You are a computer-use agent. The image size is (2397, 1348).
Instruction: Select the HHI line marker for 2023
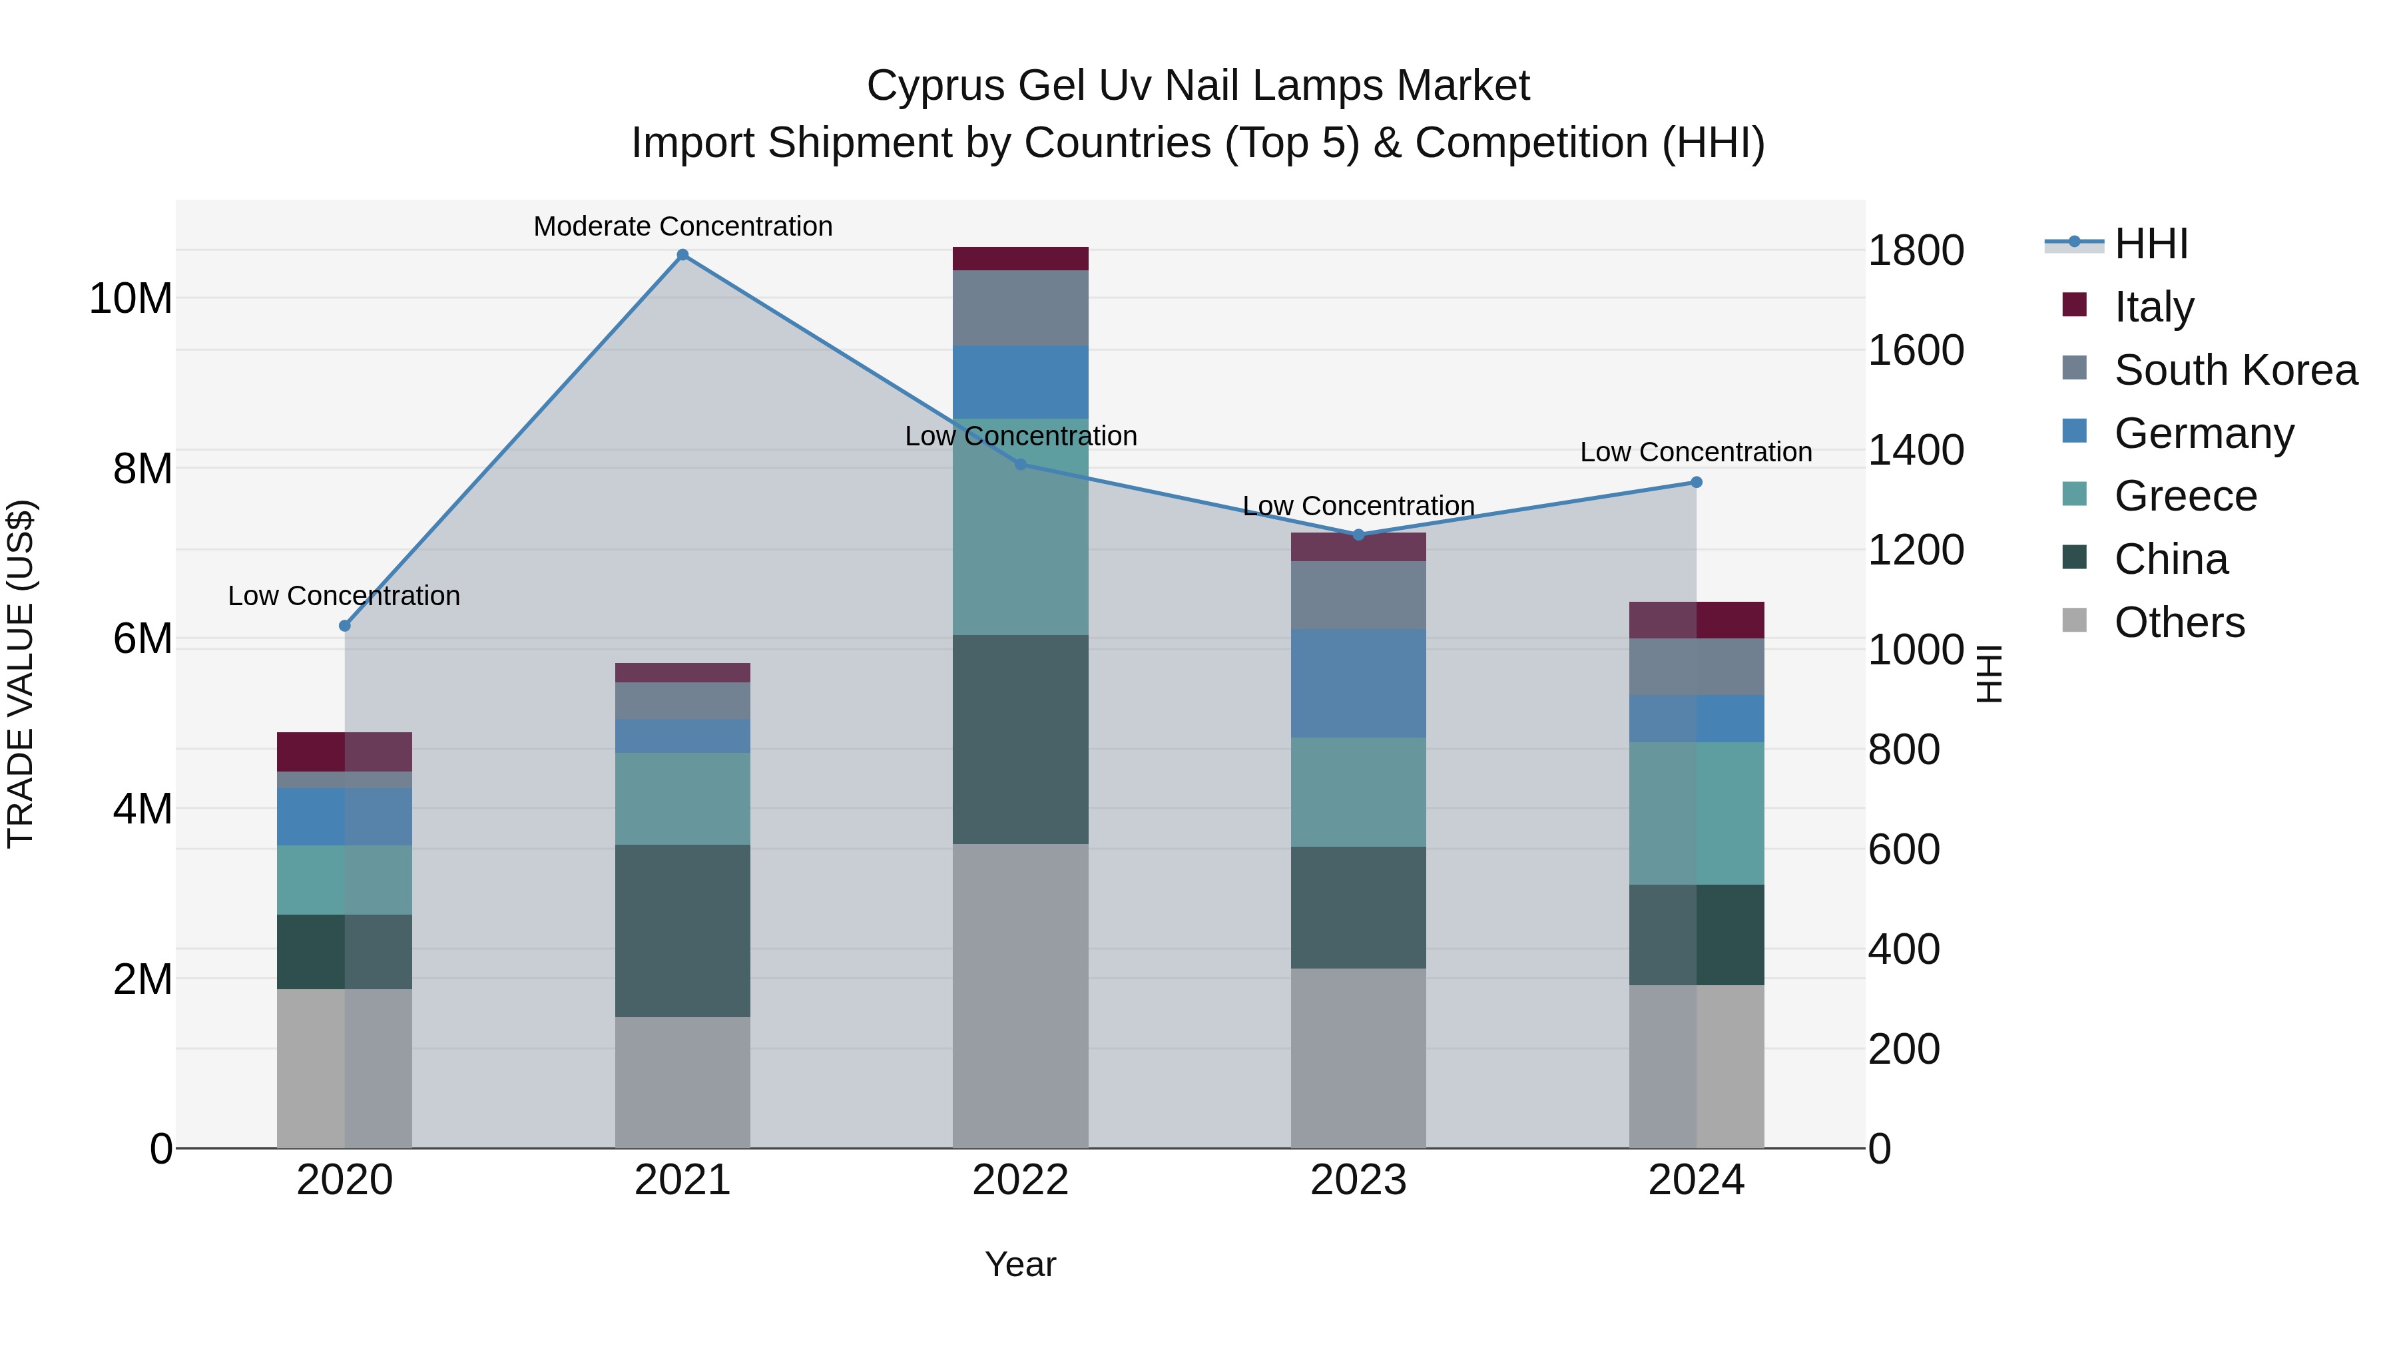[1358, 535]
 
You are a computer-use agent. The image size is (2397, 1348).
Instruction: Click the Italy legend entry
[2153, 307]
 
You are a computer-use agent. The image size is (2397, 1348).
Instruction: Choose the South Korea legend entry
[2235, 370]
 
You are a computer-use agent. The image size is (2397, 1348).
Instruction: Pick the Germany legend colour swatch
[2074, 431]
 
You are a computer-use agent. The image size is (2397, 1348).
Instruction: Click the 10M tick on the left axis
[131, 299]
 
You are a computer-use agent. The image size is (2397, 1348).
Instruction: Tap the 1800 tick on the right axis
[1915, 250]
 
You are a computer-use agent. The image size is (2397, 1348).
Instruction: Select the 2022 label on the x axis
[1020, 1180]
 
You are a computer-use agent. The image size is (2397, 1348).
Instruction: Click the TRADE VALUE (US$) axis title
[21, 674]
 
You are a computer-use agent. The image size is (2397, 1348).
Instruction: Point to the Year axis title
[1020, 1264]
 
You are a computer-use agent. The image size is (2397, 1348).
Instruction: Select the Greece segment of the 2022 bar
[1020, 527]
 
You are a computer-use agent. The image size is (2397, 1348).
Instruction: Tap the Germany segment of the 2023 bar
[1358, 683]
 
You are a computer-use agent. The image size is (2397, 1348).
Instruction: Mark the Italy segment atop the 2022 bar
[1020, 259]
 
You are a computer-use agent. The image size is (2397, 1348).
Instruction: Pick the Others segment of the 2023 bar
[1358, 1058]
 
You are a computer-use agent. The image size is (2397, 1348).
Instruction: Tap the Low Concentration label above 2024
[1695, 452]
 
